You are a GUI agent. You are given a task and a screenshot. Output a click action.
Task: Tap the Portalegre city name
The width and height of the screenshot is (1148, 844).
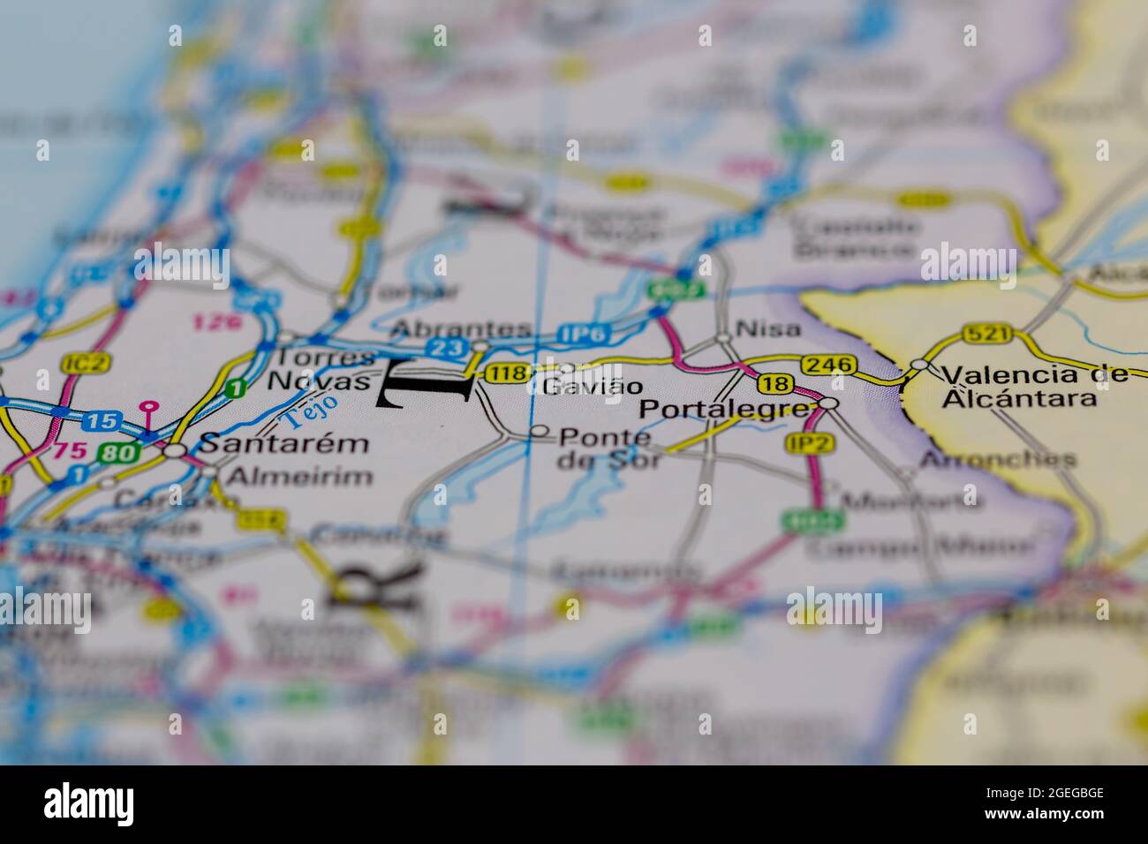724,410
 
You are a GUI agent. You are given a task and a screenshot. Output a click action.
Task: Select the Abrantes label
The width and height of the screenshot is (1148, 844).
461,329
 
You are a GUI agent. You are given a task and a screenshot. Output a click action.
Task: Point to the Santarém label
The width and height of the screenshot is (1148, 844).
283,443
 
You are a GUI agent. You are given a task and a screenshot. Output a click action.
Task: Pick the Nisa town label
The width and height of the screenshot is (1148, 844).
768,329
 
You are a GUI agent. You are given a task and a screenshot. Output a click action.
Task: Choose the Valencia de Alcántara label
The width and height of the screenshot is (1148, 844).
1034,386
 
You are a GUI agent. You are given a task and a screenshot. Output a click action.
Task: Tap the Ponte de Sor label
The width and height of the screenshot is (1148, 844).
608,448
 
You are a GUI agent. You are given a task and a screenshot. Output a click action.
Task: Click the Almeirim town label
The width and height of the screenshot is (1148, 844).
300,477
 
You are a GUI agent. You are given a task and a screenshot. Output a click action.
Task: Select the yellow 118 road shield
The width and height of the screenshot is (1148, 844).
509,373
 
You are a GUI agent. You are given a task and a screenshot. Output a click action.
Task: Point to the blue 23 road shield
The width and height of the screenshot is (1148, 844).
447,349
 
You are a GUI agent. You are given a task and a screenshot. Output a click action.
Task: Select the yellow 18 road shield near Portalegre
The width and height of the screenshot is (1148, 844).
774,383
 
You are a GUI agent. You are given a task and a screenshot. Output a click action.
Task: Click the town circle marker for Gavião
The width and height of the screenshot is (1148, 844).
567,368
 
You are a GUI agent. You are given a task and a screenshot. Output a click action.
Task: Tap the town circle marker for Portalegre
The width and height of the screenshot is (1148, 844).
828,403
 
